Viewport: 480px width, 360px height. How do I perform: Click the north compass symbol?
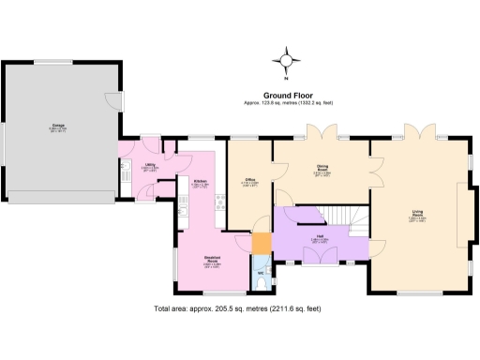288,63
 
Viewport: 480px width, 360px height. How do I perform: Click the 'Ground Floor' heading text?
288,95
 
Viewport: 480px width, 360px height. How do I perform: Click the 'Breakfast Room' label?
213,262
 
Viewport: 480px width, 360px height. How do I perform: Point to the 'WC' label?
261,273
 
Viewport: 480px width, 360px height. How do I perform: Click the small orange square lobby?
262,244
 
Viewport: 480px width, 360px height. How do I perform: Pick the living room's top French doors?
416,131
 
